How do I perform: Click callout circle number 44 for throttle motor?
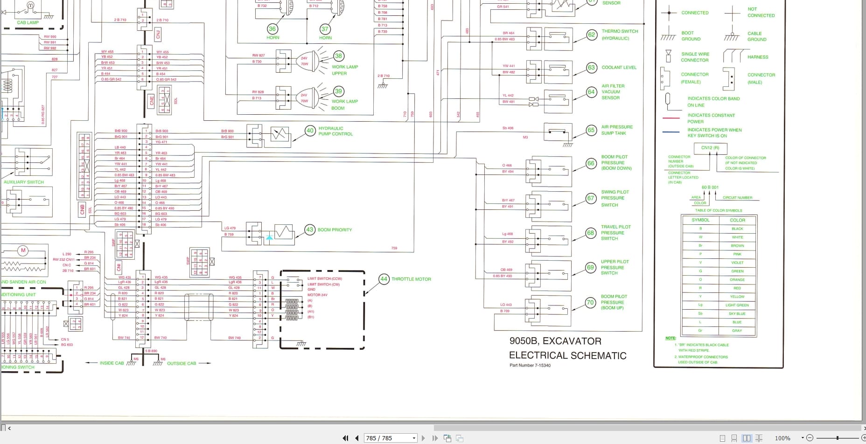(x=384, y=279)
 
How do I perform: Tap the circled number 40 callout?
(x=310, y=131)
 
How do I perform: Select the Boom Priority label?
(x=335, y=230)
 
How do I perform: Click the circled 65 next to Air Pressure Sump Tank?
(x=591, y=130)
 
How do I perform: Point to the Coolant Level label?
(x=619, y=68)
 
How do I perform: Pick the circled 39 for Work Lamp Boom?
(x=338, y=91)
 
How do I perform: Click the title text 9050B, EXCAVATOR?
(x=555, y=341)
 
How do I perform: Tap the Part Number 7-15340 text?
(x=530, y=365)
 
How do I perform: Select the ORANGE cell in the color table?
(x=737, y=280)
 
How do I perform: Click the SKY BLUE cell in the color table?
(x=737, y=314)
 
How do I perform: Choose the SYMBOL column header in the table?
(x=700, y=220)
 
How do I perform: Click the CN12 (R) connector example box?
(x=710, y=148)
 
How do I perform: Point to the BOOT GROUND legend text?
(x=690, y=36)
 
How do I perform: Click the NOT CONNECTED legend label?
(x=761, y=12)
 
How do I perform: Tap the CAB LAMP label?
(x=28, y=22)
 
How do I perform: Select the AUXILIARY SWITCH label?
(x=24, y=182)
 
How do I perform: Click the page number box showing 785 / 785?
(x=390, y=438)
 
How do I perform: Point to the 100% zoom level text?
(x=782, y=438)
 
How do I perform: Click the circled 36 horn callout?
(x=272, y=29)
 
